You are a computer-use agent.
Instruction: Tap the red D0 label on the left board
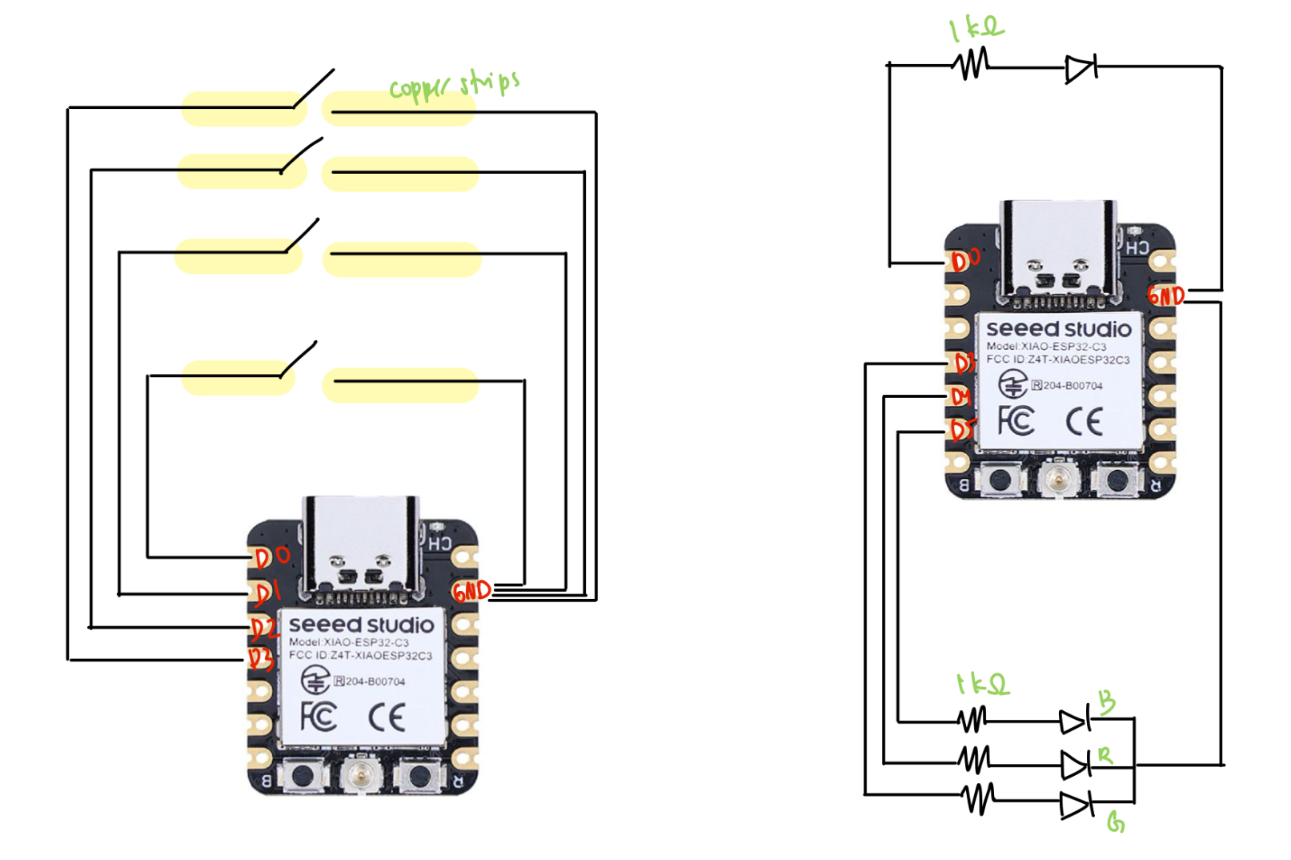(x=272, y=556)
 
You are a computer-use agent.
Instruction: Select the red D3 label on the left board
(x=260, y=658)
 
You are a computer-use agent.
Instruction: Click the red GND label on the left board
(x=471, y=591)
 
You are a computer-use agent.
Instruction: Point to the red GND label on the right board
(x=1165, y=295)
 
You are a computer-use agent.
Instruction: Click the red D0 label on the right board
(x=965, y=259)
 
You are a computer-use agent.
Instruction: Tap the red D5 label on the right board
(x=963, y=431)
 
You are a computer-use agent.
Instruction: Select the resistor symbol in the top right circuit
(x=972, y=63)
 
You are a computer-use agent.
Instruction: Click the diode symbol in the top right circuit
(x=1081, y=69)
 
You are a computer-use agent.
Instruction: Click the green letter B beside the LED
(x=1106, y=701)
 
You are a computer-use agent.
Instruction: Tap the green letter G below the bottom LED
(x=1116, y=822)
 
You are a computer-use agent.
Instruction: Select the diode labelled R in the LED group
(x=1075, y=765)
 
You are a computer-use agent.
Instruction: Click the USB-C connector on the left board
(x=361, y=545)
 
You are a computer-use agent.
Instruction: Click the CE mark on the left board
(x=387, y=717)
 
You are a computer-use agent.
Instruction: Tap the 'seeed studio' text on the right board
(x=1058, y=328)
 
